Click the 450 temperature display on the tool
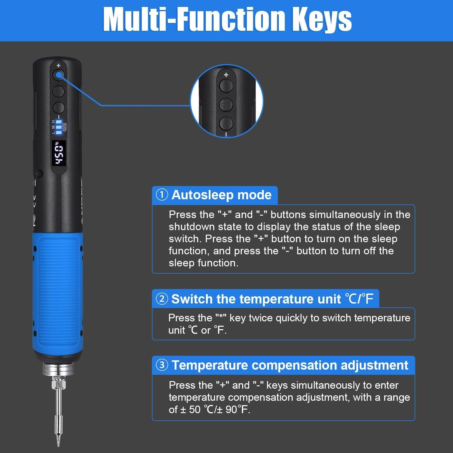click(x=59, y=153)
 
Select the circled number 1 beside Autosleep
click(x=162, y=195)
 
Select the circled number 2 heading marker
click(x=162, y=299)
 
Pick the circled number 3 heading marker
click(x=162, y=365)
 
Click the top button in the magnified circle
click(x=226, y=85)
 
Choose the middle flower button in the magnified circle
click(x=226, y=104)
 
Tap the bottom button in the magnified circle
click(x=226, y=123)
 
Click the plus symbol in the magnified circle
click(x=226, y=75)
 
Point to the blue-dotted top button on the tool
click(x=59, y=75)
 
